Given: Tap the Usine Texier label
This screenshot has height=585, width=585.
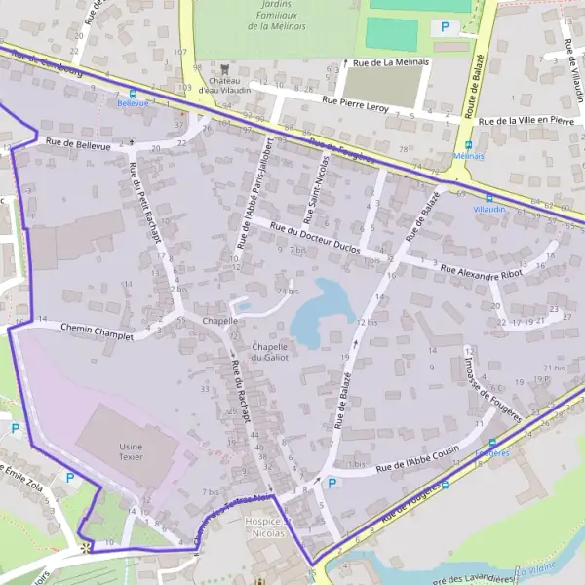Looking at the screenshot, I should (x=131, y=450).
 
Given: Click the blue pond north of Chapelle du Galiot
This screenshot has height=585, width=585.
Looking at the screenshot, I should (x=322, y=310).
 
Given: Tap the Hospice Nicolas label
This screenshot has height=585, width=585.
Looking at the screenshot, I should (x=263, y=527).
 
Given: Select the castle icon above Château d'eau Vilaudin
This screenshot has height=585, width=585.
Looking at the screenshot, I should (x=226, y=68).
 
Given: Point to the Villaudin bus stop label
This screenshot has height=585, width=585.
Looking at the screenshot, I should (x=488, y=209).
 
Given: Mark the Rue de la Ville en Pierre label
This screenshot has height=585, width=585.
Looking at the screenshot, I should (x=534, y=121).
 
